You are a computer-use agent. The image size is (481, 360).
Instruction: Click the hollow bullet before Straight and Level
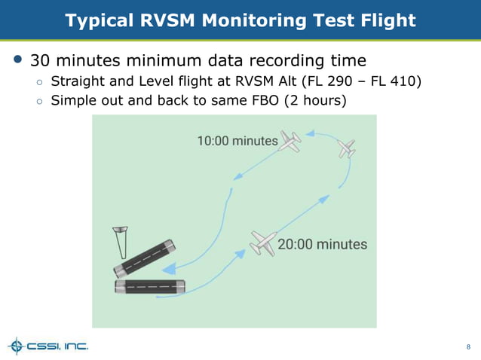tap(38, 81)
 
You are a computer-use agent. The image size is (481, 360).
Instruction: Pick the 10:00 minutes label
tap(237, 140)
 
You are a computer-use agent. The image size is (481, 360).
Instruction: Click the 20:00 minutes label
tap(323, 244)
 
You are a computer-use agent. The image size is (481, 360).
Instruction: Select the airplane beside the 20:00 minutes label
tap(262, 243)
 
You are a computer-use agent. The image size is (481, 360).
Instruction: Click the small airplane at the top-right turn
tap(347, 148)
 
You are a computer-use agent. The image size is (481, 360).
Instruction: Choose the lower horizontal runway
tap(149, 287)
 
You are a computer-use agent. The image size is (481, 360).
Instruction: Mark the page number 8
tap(468, 347)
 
